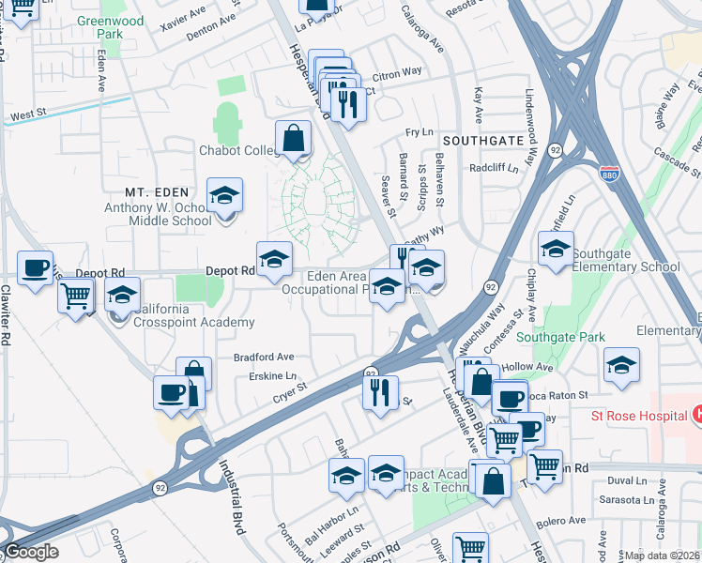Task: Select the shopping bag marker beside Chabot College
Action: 294,139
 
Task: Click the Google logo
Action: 31,552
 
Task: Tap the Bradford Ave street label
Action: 264,358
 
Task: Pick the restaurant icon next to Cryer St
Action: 380,393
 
